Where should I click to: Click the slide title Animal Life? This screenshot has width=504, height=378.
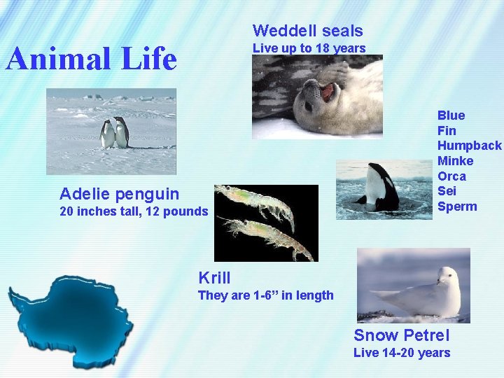click(91, 59)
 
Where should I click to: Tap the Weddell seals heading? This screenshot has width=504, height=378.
click(307, 31)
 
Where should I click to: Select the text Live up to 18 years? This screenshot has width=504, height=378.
click(309, 48)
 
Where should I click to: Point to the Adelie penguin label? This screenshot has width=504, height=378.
click(119, 193)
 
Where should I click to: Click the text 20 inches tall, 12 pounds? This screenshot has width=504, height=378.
click(133, 211)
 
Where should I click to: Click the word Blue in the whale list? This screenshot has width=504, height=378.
click(451, 115)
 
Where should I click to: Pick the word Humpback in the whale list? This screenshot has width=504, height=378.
click(469, 146)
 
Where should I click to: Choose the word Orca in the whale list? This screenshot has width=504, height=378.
click(451, 176)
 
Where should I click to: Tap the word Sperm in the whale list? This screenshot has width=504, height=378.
click(456, 206)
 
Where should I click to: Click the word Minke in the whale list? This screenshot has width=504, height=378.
click(455, 161)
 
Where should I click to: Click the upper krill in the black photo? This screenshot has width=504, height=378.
click(255, 203)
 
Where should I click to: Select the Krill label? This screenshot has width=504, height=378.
click(214, 278)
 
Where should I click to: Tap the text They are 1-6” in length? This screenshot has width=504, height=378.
click(265, 295)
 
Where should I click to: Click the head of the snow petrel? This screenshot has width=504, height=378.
click(447, 275)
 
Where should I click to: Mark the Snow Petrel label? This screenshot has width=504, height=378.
click(401, 335)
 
